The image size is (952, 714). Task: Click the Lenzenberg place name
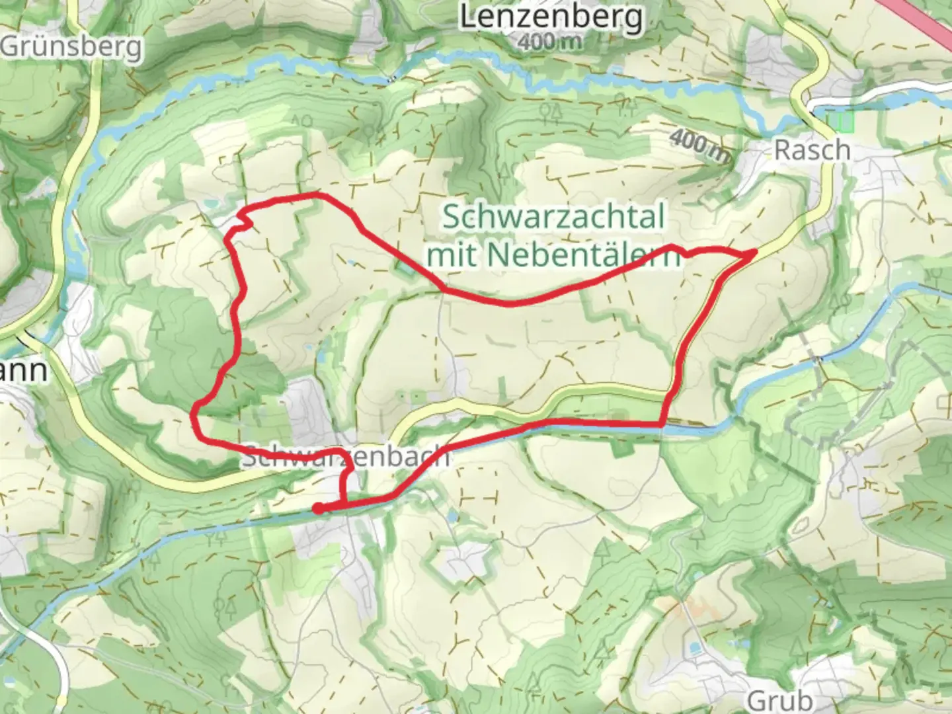click(551, 17)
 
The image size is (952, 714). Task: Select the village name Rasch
click(812, 150)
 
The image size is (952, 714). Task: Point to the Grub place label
click(780, 699)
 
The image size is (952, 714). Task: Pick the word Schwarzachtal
click(553, 217)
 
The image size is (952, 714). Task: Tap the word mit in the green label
click(452, 255)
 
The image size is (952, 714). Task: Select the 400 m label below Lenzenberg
click(550, 42)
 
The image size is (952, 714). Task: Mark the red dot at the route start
click(318, 508)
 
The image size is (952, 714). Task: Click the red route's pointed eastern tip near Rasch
click(755, 252)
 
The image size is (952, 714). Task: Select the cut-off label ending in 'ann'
click(24, 370)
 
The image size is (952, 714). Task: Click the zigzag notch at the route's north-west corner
click(243, 218)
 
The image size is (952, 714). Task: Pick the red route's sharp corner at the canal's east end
click(662, 424)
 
